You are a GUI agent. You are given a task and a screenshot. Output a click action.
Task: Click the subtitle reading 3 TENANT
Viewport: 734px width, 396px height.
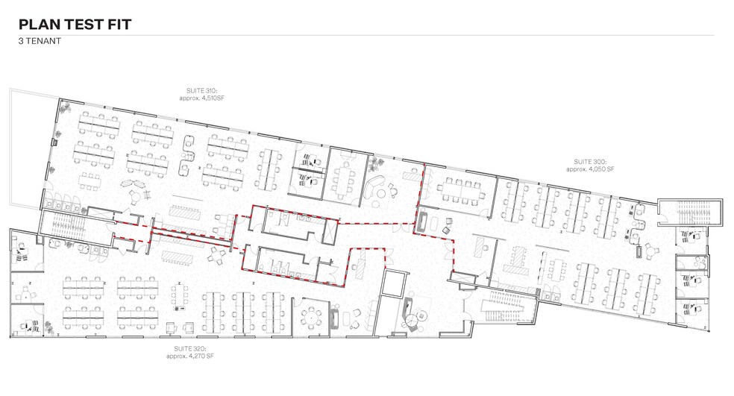pyautogui.click(x=40, y=42)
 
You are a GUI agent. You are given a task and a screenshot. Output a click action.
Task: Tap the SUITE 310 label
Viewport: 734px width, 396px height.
pyautogui.click(x=197, y=91)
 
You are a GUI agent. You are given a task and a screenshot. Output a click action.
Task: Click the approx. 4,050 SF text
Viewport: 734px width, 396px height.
pyautogui.click(x=590, y=169)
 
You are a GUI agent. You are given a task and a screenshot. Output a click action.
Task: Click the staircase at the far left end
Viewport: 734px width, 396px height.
pyautogui.click(x=63, y=223)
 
